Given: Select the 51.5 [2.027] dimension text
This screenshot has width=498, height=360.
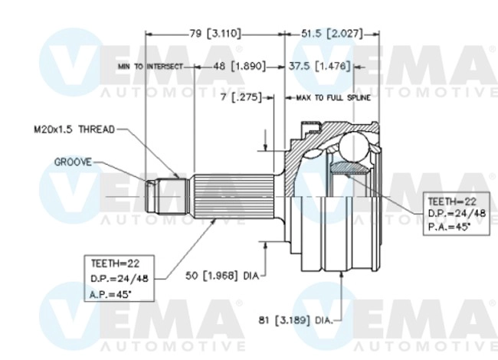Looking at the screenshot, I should [331, 34].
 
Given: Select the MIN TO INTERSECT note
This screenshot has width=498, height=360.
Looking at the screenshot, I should [151, 67].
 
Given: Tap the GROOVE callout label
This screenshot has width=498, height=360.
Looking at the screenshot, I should [73, 162].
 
